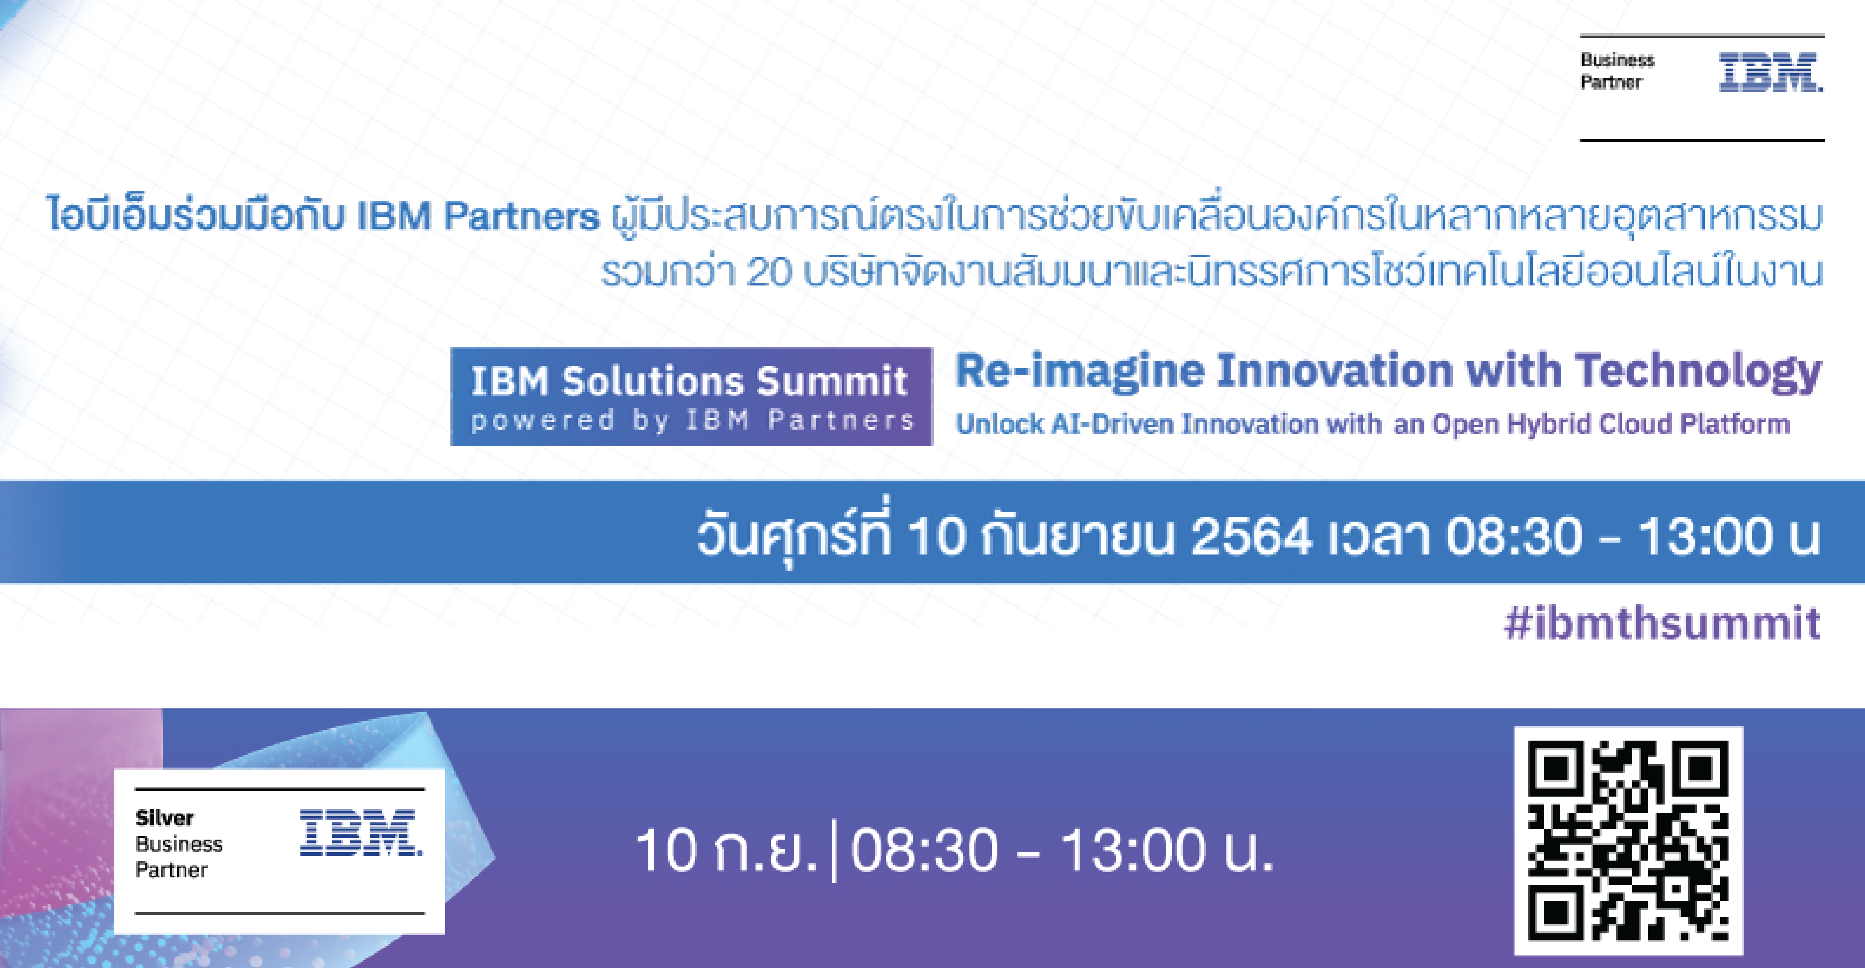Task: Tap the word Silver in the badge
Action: pyautogui.click(x=164, y=818)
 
